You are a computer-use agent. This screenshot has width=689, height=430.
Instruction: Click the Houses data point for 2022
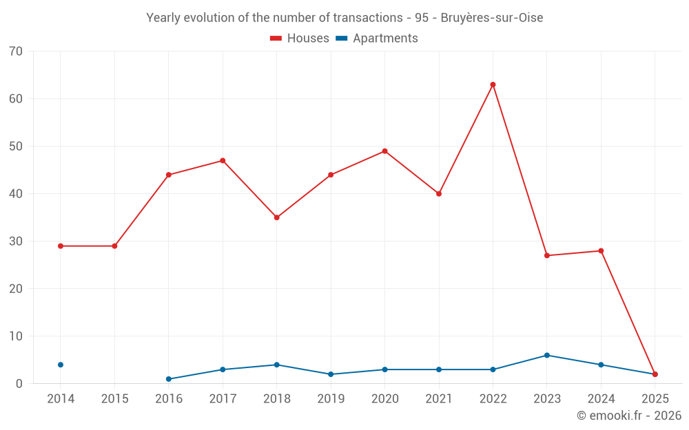click(493, 85)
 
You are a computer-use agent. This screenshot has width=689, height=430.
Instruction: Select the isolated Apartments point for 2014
click(61, 365)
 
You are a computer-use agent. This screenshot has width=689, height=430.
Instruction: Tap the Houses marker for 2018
click(276, 217)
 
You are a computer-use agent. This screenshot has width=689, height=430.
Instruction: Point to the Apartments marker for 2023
click(547, 355)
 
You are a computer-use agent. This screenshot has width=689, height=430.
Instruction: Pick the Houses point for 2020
click(384, 151)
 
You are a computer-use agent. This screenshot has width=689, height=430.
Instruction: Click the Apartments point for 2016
click(169, 379)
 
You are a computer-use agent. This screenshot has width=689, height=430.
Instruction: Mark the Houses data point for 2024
click(601, 251)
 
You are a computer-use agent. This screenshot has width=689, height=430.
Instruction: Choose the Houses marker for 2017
click(223, 161)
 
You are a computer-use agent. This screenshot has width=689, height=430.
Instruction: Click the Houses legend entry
click(300, 39)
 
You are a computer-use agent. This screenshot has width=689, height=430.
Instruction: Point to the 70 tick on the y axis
click(16, 52)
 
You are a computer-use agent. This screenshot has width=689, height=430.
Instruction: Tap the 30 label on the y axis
click(16, 241)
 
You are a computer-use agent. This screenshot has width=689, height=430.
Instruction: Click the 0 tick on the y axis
click(19, 384)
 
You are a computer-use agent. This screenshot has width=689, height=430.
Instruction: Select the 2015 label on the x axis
click(114, 399)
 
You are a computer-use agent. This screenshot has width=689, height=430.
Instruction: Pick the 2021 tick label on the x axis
click(439, 399)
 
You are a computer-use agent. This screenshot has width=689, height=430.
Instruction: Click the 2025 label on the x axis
click(655, 399)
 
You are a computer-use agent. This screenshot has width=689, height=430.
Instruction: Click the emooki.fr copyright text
click(629, 416)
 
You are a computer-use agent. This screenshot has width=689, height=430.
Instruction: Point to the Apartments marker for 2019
click(331, 374)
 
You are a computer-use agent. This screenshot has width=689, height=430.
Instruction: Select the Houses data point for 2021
click(439, 194)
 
